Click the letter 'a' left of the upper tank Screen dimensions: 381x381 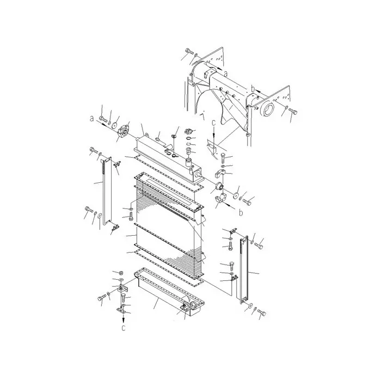pyautogui.click(x=92, y=118)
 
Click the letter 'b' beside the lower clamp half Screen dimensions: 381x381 pyautogui.click(x=241, y=208)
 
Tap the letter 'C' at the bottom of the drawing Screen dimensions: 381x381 pyautogui.click(x=124, y=329)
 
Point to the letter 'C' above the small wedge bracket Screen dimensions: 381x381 pyautogui.click(x=214, y=124)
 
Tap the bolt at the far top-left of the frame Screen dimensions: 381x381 pyautogui.click(x=188, y=52)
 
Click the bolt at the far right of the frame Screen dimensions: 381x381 pyautogui.click(x=293, y=113)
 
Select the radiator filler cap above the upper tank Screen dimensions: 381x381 pyautogui.click(x=189, y=132)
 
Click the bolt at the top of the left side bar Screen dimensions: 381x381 pyautogui.click(x=93, y=152)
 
